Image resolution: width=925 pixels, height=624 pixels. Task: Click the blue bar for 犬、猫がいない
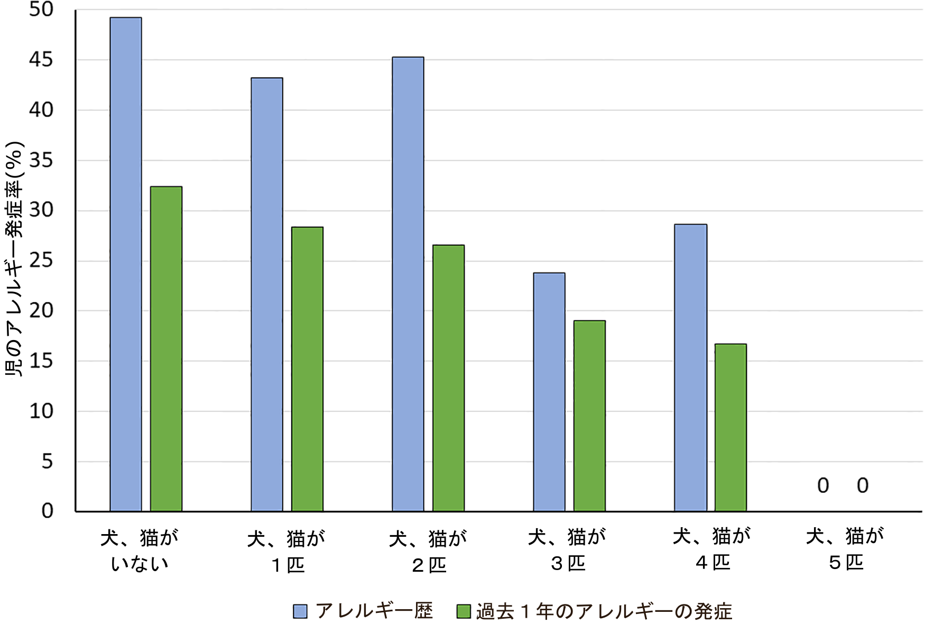126,264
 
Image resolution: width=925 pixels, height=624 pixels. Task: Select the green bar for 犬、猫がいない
166,349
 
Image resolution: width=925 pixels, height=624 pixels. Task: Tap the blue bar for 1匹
267,295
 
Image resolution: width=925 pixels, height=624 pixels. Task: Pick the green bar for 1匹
307,369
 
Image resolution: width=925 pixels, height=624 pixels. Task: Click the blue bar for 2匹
408,284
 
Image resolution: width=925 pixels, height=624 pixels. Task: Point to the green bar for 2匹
448,378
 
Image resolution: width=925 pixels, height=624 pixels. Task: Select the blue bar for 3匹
549,392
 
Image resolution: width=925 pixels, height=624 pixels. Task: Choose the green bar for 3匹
589,416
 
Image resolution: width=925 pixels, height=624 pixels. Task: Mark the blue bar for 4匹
690,368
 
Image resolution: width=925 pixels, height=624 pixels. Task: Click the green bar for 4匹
730,427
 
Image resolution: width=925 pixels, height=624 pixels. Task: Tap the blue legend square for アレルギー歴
300,611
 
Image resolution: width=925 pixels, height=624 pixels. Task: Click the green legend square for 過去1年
464,611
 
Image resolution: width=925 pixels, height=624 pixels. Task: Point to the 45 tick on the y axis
41,60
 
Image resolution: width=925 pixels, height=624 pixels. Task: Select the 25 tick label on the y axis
41,261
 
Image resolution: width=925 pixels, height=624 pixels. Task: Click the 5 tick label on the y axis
47,462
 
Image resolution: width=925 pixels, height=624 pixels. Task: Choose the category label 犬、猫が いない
140,550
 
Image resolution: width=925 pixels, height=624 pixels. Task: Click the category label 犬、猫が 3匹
567,550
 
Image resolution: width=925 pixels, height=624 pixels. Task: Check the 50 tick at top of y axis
41,10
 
